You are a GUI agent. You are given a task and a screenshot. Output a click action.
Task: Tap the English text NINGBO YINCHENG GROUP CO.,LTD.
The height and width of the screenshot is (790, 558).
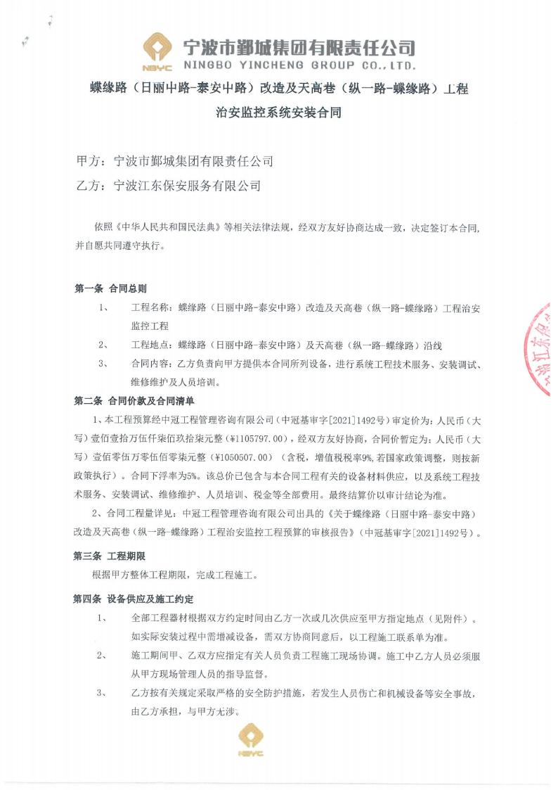click(x=299, y=65)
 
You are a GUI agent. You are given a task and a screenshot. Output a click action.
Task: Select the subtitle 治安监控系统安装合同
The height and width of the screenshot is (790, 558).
click(x=279, y=112)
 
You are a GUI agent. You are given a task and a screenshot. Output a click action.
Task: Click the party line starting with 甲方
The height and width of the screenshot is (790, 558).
click(x=174, y=161)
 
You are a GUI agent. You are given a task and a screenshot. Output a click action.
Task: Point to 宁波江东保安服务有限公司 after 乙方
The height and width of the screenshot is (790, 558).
click(x=187, y=186)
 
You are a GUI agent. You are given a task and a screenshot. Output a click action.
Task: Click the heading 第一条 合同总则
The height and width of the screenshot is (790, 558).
click(x=110, y=288)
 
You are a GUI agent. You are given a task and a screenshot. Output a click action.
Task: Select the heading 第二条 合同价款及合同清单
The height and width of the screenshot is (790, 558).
click(x=134, y=401)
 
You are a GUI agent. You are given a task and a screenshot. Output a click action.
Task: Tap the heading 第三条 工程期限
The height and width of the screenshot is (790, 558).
click(x=109, y=556)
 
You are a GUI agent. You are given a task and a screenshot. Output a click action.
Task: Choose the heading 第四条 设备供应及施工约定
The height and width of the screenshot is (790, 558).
click(x=134, y=599)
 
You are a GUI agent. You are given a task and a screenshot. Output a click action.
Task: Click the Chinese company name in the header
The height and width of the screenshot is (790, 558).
click(x=299, y=46)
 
